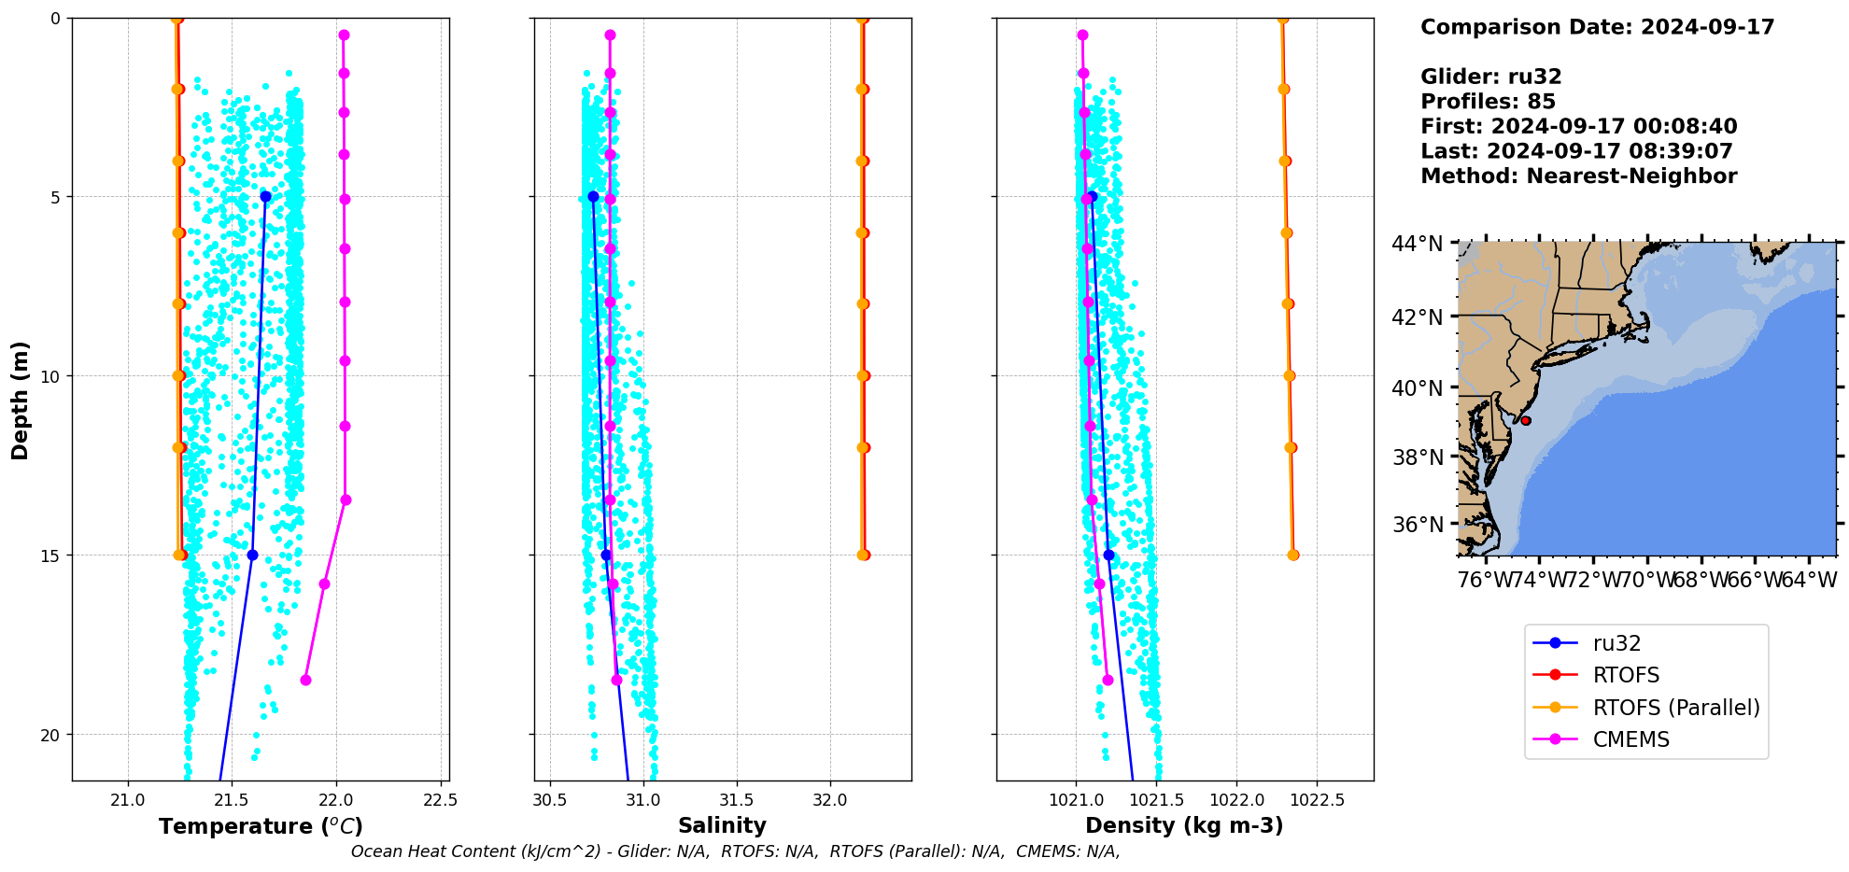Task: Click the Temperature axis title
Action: tap(261, 826)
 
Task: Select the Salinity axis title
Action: tap(722, 825)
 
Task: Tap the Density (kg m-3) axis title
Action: tap(1184, 825)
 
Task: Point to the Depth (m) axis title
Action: tap(20, 400)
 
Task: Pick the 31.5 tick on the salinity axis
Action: tap(737, 800)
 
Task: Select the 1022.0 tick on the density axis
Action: tap(1236, 800)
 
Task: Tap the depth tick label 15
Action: tap(49, 556)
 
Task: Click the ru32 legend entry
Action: tap(1616, 643)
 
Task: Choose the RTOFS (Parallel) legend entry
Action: tap(1676, 708)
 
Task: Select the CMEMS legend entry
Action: tap(1630, 739)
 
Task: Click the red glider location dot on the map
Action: tap(1526, 421)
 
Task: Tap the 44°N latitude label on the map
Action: tap(1418, 244)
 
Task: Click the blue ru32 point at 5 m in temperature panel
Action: tap(266, 197)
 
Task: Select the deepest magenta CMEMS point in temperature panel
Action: tap(305, 680)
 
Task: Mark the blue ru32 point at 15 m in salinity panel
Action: tap(606, 556)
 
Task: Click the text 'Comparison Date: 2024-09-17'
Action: tap(1597, 27)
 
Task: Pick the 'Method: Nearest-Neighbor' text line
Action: tap(1578, 176)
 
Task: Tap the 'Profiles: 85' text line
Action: tap(1488, 102)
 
